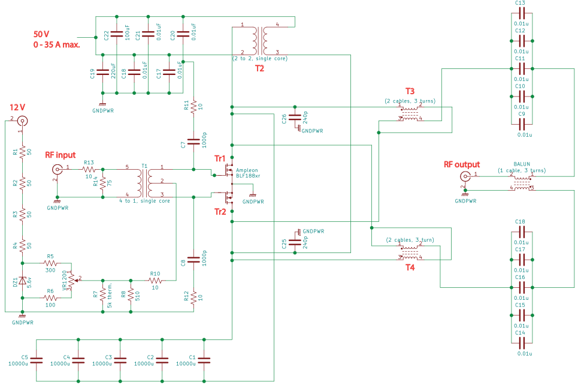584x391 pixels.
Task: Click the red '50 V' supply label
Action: [x=42, y=34]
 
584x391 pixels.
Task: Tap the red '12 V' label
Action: [x=17, y=107]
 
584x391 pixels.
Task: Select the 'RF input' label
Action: [x=60, y=155]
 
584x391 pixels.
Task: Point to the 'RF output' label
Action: [x=461, y=164]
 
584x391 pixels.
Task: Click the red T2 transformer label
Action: [x=259, y=68]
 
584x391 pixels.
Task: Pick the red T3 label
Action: [x=410, y=91]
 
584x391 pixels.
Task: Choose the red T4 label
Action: [x=410, y=267]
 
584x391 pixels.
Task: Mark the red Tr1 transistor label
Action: [x=220, y=159]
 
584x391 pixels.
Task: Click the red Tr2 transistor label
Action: [x=220, y=211]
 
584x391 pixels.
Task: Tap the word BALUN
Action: [x=522, y=164]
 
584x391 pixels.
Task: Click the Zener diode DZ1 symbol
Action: [x=22, y=280]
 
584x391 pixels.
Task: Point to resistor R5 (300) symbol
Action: [x=50, y=263]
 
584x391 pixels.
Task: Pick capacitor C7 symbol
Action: [x=193, y=142]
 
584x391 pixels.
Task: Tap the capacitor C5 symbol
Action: [x=37, y=360]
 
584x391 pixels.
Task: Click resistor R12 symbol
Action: [x=193, y=297]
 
